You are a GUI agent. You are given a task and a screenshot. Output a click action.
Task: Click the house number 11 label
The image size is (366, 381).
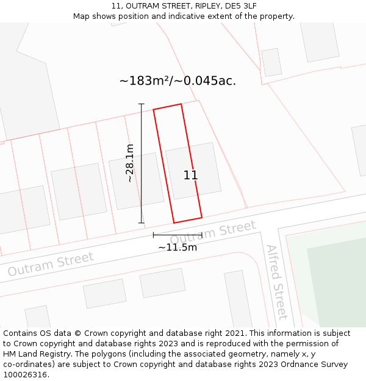pos(190,176)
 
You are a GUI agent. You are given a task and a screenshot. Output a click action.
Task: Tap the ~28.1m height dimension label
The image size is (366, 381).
pos(130,163)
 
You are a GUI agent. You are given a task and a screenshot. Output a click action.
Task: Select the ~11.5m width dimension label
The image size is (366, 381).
pos(178,247)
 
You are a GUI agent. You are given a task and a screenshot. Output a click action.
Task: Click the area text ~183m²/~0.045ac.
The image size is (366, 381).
pos(178,80)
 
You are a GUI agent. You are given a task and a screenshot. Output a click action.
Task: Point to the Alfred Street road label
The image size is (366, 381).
pos(276,282)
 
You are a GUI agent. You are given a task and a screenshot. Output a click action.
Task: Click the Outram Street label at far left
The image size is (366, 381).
pos(51,263)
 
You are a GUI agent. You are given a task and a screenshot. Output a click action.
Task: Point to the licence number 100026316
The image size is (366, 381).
pos(24,375)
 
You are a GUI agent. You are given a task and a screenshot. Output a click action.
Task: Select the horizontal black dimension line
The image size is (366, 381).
pos(178,234)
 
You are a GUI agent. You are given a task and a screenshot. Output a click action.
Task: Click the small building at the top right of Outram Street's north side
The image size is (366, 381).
pos(271,62)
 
